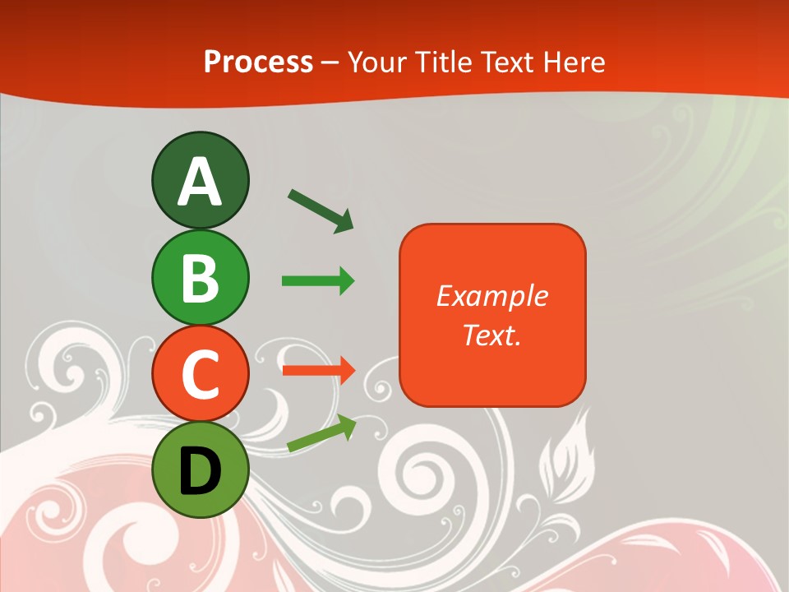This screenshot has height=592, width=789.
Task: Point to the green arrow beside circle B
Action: (318, 281)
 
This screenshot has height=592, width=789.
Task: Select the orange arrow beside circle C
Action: (318, 370)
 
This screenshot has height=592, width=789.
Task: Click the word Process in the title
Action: (258, 62)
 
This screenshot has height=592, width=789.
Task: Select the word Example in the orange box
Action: (491, 296)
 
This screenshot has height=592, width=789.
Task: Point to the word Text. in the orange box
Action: (491, 335)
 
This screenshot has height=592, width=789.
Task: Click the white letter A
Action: (200, 182)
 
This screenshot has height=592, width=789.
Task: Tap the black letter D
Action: (200, 470)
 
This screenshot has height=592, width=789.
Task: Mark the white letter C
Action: (200, 374)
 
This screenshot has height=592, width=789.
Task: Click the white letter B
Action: (200, 278)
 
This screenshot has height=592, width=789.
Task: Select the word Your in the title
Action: (376, 62)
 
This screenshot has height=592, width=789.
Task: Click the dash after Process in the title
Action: (330, 62)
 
